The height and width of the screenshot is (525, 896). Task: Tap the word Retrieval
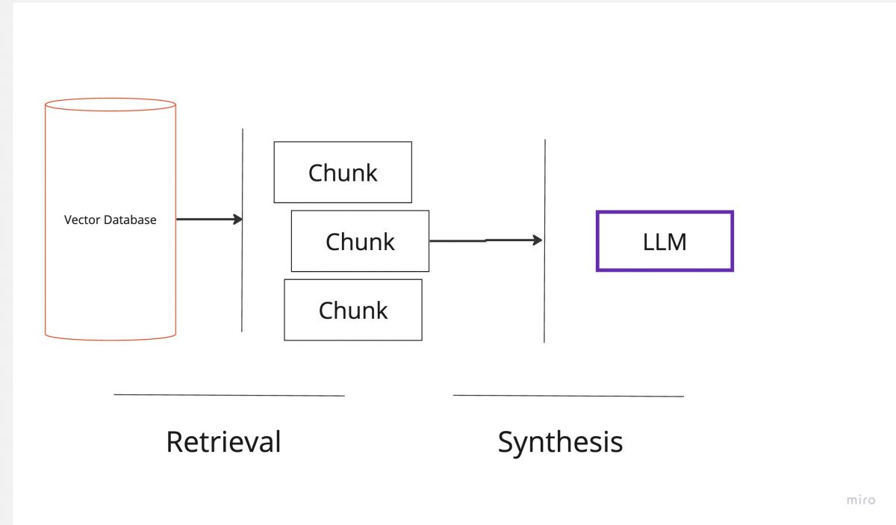223,441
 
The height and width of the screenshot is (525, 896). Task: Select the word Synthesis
560,441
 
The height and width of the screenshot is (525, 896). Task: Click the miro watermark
861,500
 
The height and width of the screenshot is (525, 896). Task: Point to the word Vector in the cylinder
81,220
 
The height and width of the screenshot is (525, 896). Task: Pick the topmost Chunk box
343,173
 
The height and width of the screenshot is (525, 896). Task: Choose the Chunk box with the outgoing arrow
360,241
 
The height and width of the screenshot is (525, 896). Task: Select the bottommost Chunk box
352,310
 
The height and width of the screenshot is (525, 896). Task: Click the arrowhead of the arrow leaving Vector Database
237,220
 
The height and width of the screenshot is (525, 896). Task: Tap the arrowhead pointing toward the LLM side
537,240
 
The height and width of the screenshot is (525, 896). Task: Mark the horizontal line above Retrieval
229,395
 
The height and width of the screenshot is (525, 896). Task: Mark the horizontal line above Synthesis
568,396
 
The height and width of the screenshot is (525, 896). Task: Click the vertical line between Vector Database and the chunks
243,284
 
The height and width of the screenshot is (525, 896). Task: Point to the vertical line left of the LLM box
544,299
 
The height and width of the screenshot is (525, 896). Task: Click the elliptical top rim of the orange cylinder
111,99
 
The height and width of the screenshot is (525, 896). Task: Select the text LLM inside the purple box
665,242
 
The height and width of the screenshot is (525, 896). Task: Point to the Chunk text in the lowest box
352,310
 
